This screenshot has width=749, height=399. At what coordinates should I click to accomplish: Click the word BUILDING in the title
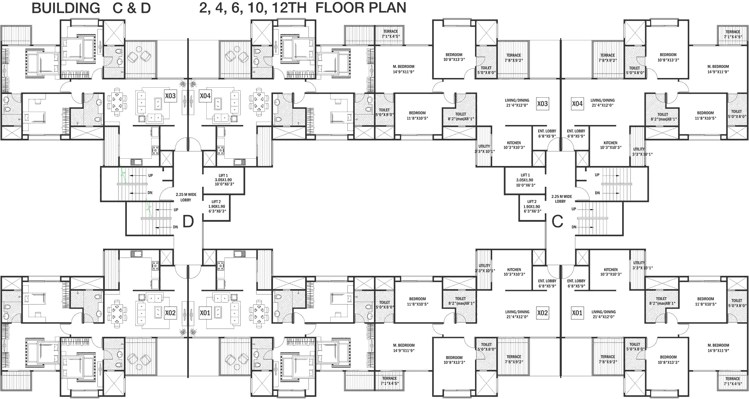coord(66,8)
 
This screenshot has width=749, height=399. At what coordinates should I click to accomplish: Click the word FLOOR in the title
coord(341,8)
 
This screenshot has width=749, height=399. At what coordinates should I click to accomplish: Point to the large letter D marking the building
coord(188,221)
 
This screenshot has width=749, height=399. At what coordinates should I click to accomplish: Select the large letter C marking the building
coord(558,221)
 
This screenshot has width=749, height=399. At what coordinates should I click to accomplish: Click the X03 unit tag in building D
coord(170,96)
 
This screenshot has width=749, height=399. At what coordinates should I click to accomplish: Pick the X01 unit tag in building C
coord(577,313)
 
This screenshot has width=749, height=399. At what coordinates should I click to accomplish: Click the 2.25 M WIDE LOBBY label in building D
coord(186,197)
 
